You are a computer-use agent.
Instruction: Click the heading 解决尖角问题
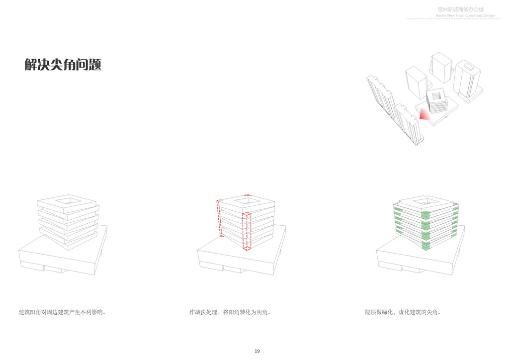pyautogui.click(x=63, y=65)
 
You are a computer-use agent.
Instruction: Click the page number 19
pyautogui.click(x=257, y=351)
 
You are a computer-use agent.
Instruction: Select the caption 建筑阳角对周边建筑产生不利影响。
pyautogui.click(x=63, y=312)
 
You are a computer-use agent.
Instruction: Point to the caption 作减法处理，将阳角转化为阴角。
pyautogui.click(x=230, y=312)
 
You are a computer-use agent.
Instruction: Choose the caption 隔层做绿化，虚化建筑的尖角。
pyautogui.click(x=403, y=312)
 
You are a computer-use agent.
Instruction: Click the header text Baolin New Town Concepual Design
pyautogui.click(x=466, y=16)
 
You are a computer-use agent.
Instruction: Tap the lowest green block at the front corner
pyautogui.click(x=426, y=246)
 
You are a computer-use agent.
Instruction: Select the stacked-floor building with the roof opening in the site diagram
pyautogui.click(x=437, y=101)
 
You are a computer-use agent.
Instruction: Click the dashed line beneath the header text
pyautogui.click(x=452, y=19)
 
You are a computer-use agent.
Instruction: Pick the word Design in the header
pyautogui.click(x=489, y=16)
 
